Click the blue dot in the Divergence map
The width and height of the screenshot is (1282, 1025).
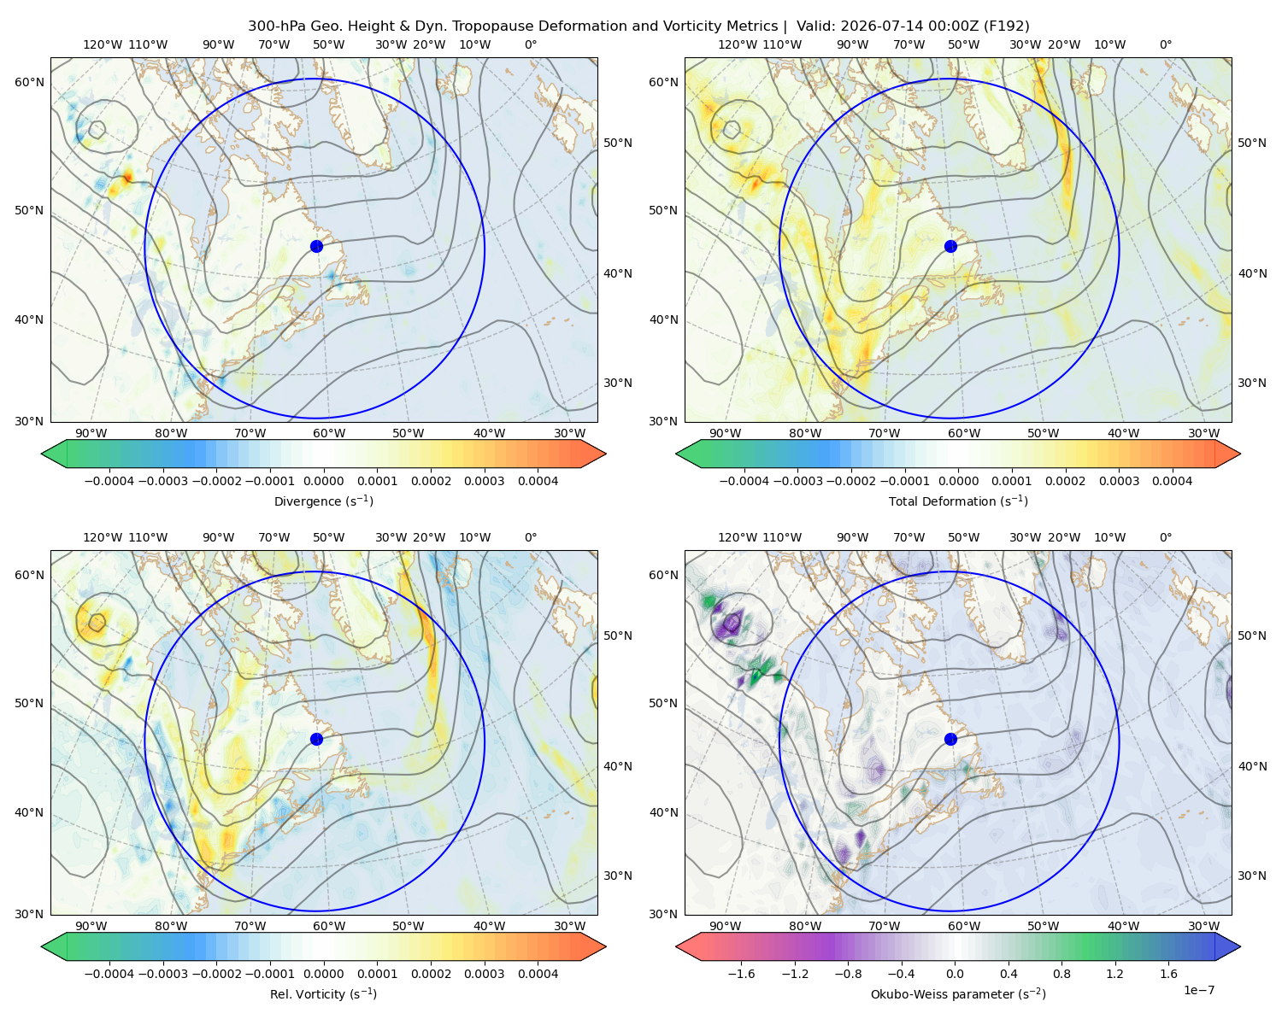point(316,246)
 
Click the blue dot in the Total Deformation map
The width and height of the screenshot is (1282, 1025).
point(950,246)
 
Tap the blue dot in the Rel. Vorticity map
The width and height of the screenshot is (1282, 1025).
point(316,739)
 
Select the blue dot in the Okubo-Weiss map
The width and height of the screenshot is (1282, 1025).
point(950,739)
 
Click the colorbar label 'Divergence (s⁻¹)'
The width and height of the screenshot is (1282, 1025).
point(323,501)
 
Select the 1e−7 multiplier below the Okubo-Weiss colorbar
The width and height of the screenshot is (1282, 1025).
point(1198,990)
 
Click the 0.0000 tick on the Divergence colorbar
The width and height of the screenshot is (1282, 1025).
point(323,481)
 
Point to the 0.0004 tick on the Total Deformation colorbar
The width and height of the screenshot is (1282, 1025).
point(1172,481)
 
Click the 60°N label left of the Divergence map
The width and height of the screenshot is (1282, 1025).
point(29,82)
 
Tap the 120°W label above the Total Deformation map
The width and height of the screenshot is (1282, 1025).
point(738,44)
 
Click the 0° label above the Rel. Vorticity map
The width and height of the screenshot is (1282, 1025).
point(531,537)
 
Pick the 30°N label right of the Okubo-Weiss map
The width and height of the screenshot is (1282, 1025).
point(1251,876)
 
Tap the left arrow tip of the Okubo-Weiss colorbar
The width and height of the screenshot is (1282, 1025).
point(676,946)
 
